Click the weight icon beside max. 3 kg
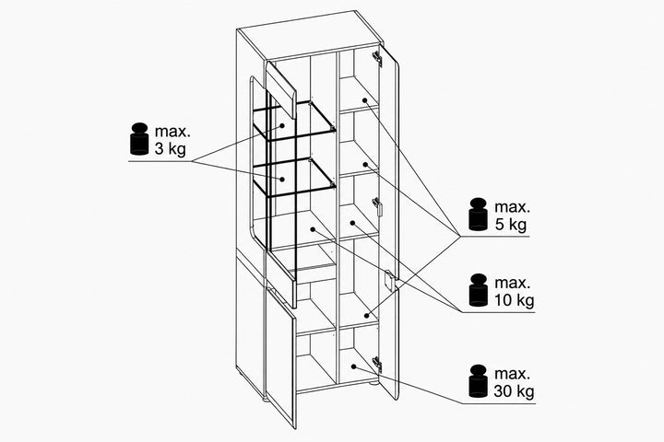[139, 138]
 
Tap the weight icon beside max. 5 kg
[479, 214]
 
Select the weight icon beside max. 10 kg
[479, 290]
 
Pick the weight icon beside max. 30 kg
[479, 380]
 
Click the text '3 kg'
[171, 149]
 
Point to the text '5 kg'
[511, 224]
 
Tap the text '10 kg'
[514, 300]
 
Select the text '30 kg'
[514, 390]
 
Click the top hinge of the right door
[377, 59]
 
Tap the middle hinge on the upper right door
[378, 206]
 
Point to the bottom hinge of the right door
[377, 365]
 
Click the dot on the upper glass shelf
[281, 125]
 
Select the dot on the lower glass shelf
[281, 179]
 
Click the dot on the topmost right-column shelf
[364, 100]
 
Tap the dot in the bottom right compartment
[353, 366]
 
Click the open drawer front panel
[280, 277]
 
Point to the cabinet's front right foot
[373, 384]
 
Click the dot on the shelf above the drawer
[313, 229]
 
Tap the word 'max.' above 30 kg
[513, 374]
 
